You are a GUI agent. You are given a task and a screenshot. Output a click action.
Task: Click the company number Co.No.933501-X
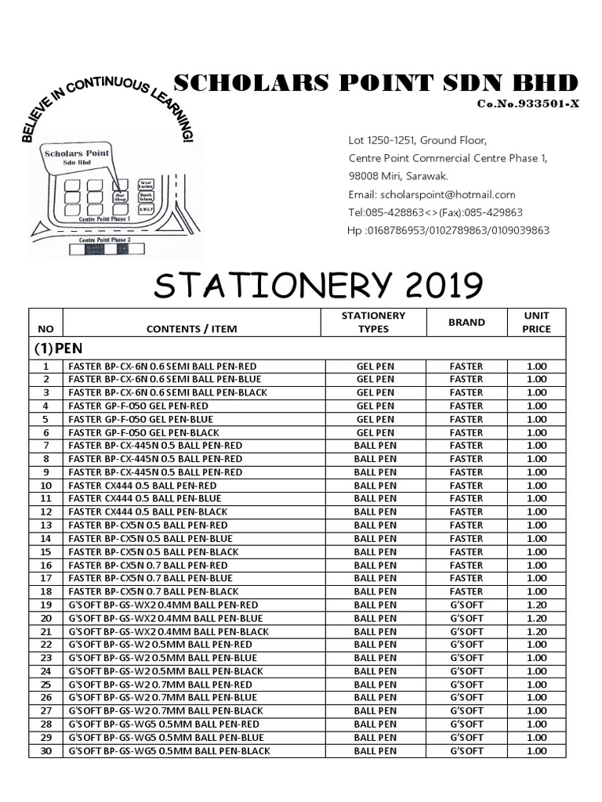click(528, 104)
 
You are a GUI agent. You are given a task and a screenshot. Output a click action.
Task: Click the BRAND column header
click(466, 322)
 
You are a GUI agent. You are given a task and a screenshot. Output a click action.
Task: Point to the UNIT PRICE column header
click(537, 322)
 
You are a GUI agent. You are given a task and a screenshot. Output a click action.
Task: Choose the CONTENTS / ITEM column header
click(192, 329)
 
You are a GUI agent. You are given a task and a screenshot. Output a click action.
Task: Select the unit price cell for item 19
click(537, 605)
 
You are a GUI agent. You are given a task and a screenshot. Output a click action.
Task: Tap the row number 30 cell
click(45, 750)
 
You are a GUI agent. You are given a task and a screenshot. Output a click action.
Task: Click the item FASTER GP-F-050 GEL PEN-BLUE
click(141, 419)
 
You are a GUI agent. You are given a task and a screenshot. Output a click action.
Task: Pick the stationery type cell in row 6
click(375, 432)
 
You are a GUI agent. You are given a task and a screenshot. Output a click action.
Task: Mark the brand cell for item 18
click(466, 591)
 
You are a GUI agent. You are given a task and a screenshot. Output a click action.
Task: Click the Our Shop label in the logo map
click(120, 197)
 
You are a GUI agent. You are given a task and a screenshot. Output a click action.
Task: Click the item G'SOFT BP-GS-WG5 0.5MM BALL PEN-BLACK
click(169, 750)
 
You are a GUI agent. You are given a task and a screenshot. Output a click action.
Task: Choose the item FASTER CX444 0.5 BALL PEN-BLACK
click(148, 511)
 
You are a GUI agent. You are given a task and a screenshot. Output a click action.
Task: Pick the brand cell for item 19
click(466, 605)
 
